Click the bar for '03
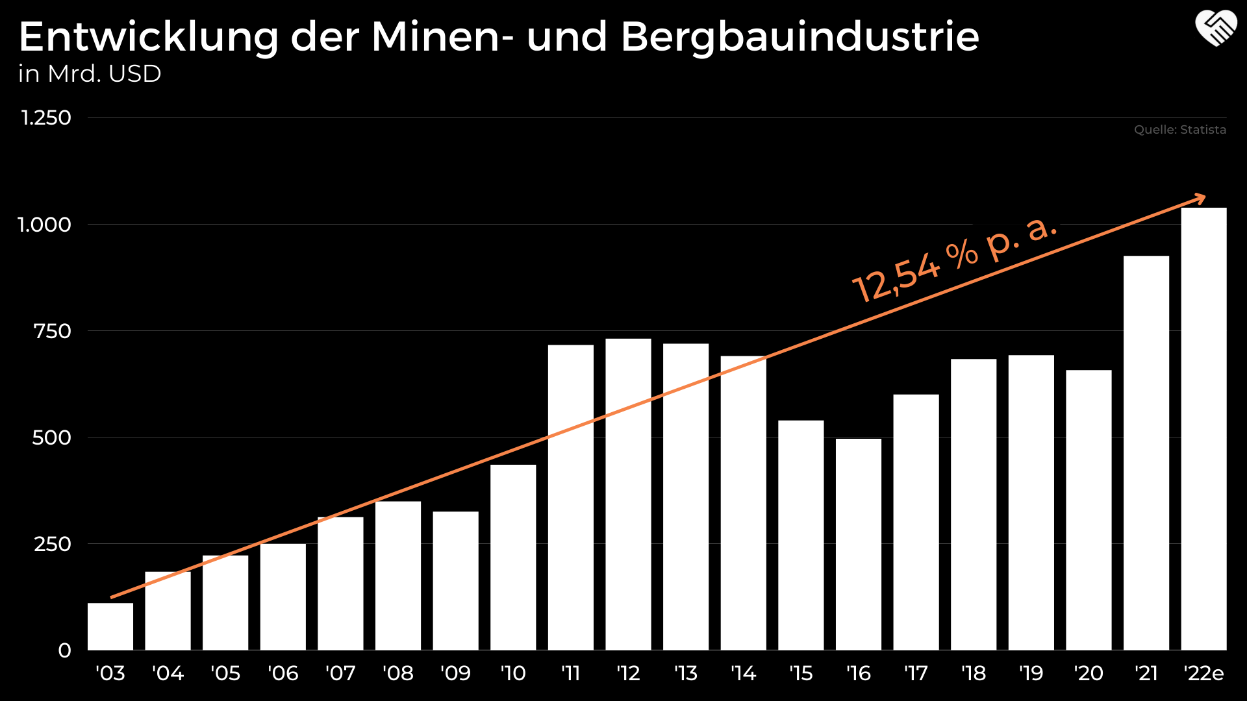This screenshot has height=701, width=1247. click(x=110, y=626)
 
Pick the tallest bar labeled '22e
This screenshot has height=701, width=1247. click(x=1203, y=428)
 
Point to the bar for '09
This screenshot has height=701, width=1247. click(x=455, y=581)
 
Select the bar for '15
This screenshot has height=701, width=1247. click(x=801, y=535)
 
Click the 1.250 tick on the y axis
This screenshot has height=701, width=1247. click(x=46, y=118)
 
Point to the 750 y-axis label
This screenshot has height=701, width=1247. click(x=52, y=331)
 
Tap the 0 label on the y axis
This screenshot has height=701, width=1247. click(x=64, y=650)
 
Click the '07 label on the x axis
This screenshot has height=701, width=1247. click(x=340, y=674)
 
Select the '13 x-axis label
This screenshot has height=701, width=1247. click(x=685, y=674)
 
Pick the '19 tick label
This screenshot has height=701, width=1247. click(x=1031, y=674)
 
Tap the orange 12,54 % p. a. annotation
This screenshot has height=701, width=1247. click(x=955, y=258)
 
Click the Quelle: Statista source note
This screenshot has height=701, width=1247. click(x=1179, y=130)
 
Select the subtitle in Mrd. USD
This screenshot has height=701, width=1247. click(x=90, y=74)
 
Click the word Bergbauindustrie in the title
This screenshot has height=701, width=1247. click(x=800, y=38)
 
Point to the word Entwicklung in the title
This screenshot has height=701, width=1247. click(x=149, y=38)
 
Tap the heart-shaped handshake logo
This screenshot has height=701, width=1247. click(x=1216, y=29)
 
